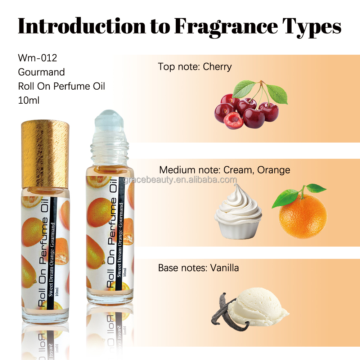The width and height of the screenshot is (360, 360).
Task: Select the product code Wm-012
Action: (37, 58)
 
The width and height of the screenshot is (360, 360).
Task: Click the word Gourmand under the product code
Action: (41, 72)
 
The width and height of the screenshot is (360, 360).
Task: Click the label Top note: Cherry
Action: (195, 67)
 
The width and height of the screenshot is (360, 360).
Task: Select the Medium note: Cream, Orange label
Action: (225, 170)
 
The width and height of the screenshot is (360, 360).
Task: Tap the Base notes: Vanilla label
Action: (198, 268)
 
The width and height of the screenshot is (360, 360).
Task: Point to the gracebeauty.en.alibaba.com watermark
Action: (180, 180)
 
